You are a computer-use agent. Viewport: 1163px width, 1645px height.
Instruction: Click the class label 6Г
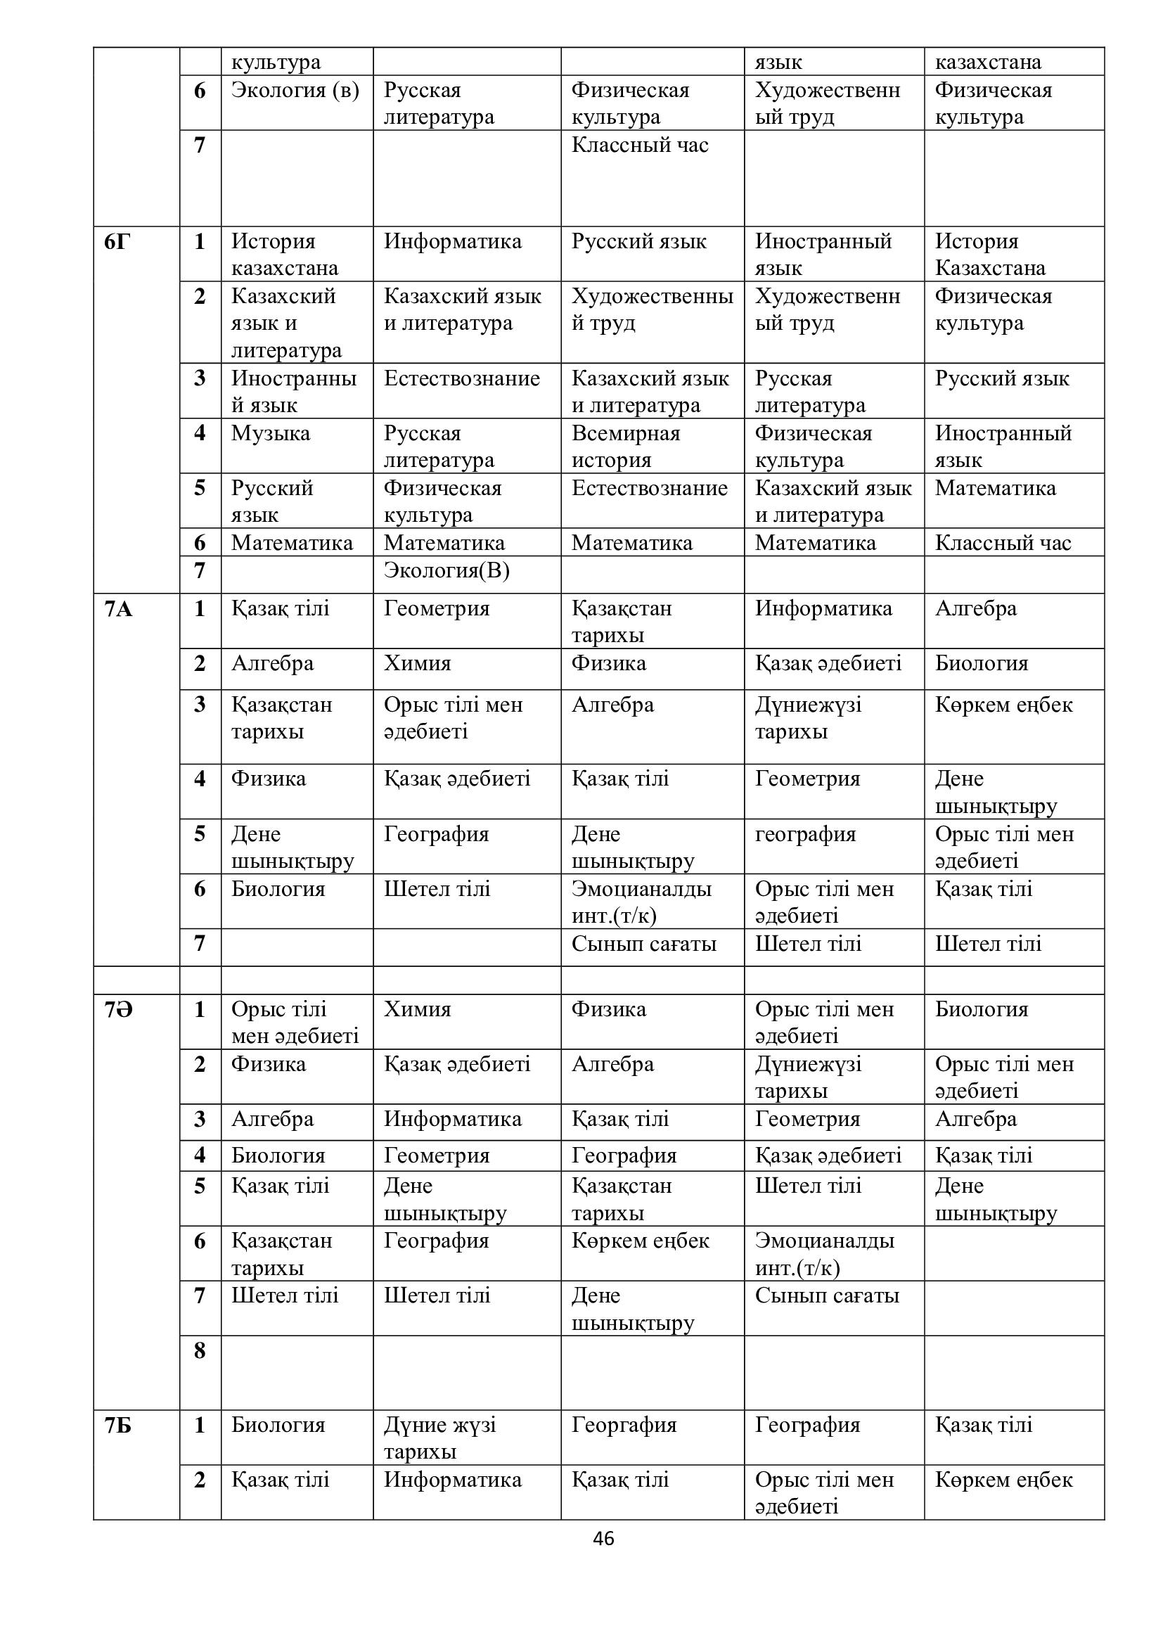coord(118,242)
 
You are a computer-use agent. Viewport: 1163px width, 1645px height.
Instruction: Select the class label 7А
coord(118,609)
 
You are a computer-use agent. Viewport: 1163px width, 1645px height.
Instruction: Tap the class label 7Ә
coord(118,1009)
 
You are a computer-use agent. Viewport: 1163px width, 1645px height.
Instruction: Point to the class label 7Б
coord(118,1425)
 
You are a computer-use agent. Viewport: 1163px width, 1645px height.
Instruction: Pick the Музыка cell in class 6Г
coord(271,433)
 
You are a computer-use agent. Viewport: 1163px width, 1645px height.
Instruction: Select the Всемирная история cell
coord(625,447)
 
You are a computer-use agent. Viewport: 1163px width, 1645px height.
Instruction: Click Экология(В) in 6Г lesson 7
coord(446,571)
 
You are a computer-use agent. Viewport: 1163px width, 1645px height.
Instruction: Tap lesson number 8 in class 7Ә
coord(200,1350)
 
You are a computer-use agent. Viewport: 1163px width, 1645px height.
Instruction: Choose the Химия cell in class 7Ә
coord(417,1009)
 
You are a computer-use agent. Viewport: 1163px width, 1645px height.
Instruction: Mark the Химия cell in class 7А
coord(417,663)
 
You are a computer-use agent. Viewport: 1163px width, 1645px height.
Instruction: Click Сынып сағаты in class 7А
coord(643,945)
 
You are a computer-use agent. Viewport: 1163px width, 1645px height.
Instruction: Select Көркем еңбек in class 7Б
coord(1003,1480)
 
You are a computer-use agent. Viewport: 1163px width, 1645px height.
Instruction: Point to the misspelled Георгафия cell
coord(624,1425)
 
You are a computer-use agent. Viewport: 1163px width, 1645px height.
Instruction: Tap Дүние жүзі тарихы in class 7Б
coord(439,1438)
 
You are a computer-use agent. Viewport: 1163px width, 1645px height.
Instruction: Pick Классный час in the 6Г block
coord(1003,543)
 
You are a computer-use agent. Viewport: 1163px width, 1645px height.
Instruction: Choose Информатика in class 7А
coord(823,609)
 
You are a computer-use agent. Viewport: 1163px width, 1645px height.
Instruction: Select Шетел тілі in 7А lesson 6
coord(437,889)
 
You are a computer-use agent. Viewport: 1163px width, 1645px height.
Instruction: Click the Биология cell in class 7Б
coord(278,1425)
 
